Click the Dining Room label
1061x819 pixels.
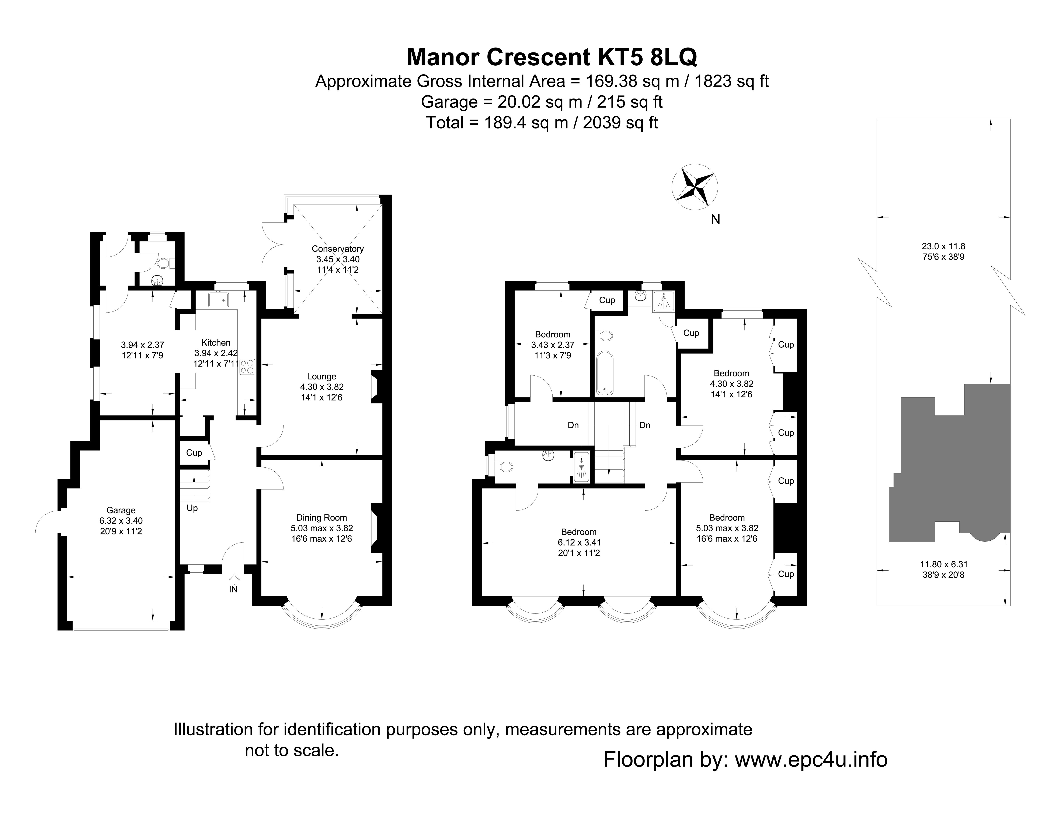[x=322, y=518]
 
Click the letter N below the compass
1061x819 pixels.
[x=715, y=220]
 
